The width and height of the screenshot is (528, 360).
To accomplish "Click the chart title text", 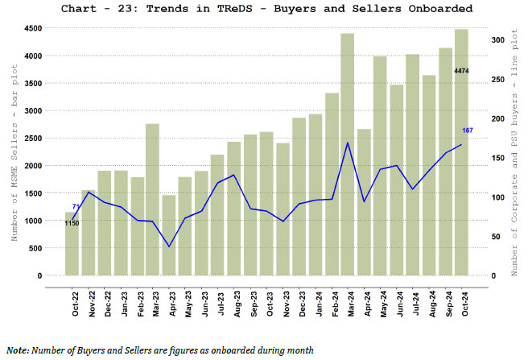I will point(265,9).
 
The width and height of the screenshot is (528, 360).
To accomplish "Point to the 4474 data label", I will point(461,72).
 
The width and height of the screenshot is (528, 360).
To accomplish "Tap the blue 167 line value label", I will point(468,130).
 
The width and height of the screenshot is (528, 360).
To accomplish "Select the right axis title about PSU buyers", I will point(515,153).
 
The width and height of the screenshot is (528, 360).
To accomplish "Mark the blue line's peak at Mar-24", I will point(348,143).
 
